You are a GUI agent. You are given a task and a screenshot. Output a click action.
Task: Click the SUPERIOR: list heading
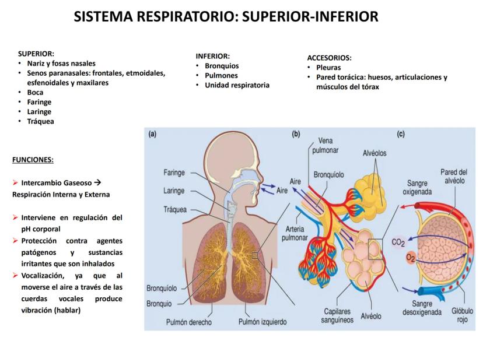point(36,54)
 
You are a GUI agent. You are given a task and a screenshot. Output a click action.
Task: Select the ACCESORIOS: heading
point(329,58)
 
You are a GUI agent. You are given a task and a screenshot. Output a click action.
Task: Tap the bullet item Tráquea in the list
point(40,121)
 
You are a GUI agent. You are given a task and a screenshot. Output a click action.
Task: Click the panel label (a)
point(152,134)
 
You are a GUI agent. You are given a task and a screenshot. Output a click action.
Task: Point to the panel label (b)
point(296,134)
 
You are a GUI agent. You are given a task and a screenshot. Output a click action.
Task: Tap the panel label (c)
point(401,134)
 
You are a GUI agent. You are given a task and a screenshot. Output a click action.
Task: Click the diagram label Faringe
point(174,173)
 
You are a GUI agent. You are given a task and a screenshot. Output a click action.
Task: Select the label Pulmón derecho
point(188,322)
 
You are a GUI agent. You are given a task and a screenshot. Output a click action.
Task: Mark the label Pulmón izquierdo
point(262,322)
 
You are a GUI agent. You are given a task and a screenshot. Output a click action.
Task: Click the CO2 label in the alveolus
point(398,242)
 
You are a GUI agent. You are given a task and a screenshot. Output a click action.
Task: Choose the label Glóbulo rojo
point(462,315)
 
